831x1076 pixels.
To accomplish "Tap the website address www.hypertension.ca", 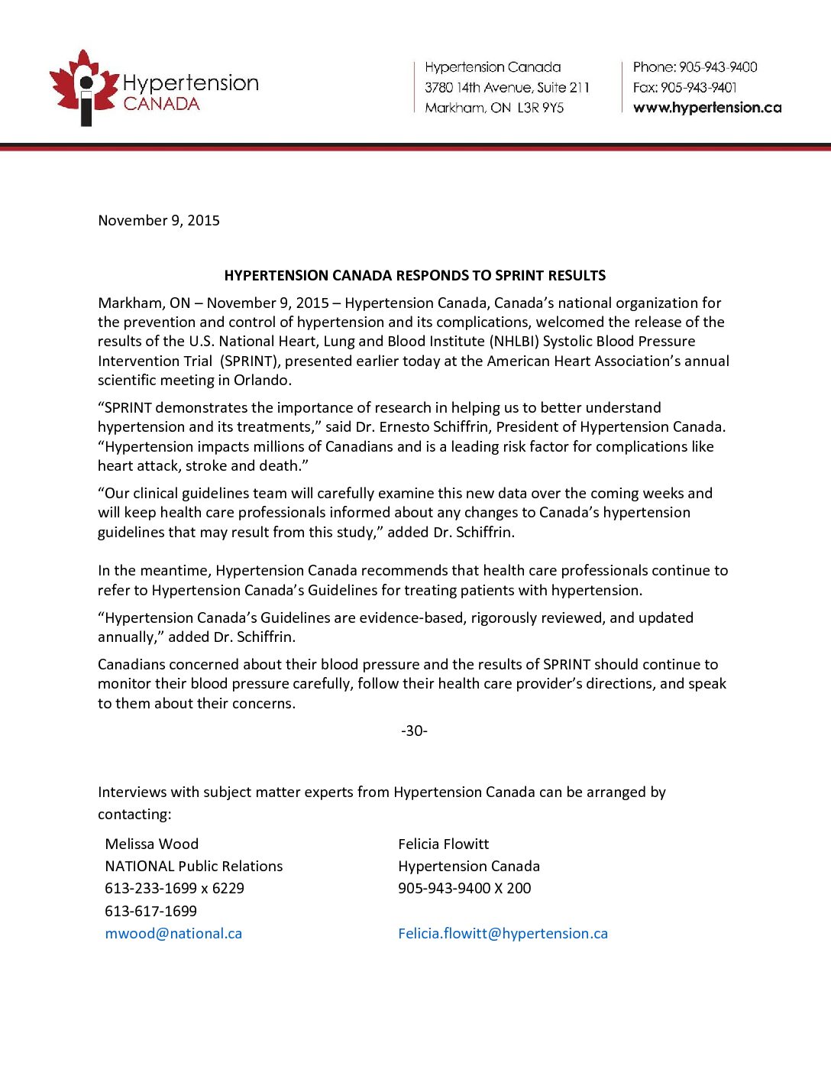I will pos(707,108).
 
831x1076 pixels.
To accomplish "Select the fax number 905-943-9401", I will pos(698,88).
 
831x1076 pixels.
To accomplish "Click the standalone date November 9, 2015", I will pos(159,221).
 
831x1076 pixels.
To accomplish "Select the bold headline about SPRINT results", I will pos(415,276).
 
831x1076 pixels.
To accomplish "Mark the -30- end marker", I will pos(414,731).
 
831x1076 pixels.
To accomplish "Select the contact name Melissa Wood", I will pos(151,844).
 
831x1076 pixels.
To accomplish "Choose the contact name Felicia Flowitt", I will pos(443,844).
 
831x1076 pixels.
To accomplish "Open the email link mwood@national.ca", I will pos(173,934).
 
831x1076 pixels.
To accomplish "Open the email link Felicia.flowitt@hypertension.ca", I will pos(503,934).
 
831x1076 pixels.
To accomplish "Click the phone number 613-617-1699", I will pos(150,912).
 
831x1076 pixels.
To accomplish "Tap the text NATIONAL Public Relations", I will pos(193,867).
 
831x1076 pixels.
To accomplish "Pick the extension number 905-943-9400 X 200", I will pos(464,889).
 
